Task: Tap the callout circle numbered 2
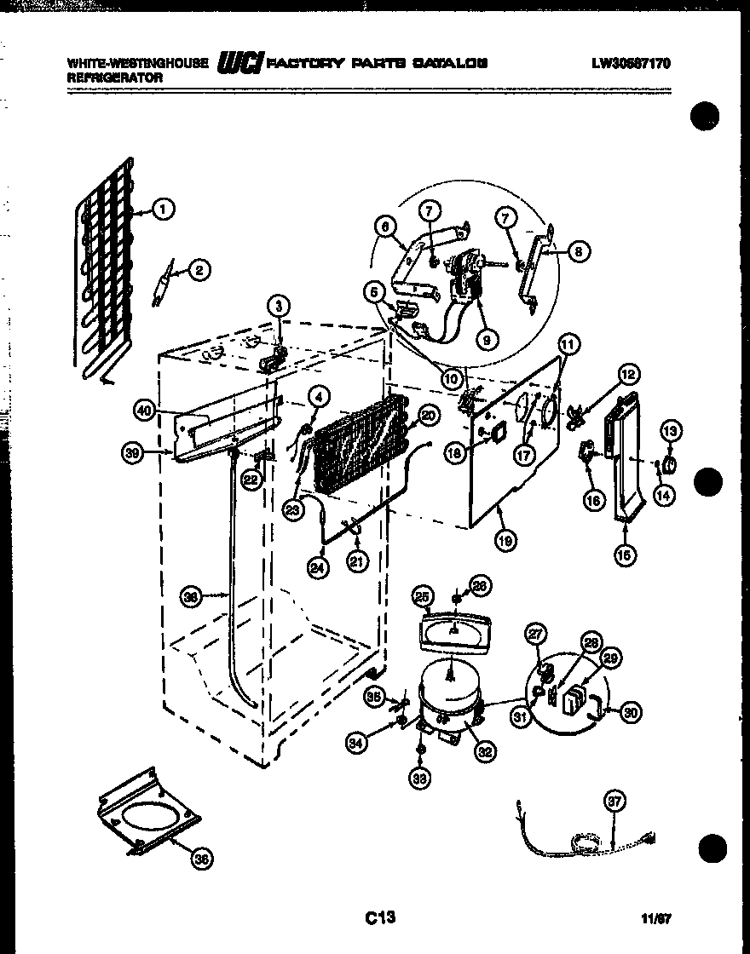[x=198, y=271]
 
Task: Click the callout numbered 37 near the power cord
[x=614, y=802]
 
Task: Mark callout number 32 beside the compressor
[x=485, y=751]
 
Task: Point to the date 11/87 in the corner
[x=656, y=919]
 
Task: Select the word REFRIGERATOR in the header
[x=114, y=76]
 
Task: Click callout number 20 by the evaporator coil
[x=427, y=416]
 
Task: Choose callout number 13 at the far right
[x=670, y=432]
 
